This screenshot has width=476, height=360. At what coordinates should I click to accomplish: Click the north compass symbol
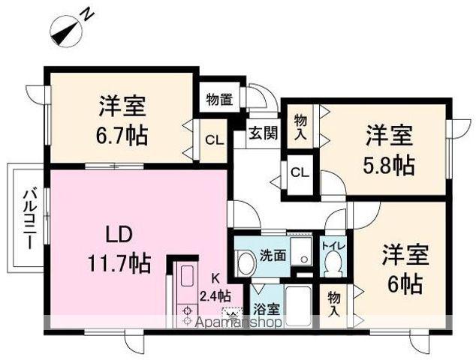[67, 31]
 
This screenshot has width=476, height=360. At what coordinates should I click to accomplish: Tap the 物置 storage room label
[219, 100]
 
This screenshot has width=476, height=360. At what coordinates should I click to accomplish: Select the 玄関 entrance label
[264, 133]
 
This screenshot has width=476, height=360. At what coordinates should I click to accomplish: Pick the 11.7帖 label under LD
[119, 263]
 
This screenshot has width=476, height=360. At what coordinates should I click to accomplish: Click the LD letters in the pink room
[119, 235]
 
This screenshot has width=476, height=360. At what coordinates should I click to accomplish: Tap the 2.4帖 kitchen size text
[215, 295]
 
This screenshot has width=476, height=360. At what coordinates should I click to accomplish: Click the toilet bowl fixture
[333, 263]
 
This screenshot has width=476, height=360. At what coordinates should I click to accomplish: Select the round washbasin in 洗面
[246, 262]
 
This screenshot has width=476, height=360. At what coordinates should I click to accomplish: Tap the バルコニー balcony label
[30, 219]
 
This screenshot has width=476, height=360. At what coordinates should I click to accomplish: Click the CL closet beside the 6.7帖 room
[214, 139]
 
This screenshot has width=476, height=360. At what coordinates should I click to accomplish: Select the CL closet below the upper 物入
[300, 172]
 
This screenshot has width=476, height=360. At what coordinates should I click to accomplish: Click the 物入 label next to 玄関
[300, 127]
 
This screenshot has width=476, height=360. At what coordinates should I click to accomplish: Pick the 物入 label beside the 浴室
[334, 305]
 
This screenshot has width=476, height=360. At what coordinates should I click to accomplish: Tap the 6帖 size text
[405, 283]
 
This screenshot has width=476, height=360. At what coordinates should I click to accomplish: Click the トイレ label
[333, 246]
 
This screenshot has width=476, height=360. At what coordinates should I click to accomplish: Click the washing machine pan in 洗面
[301, 251]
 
